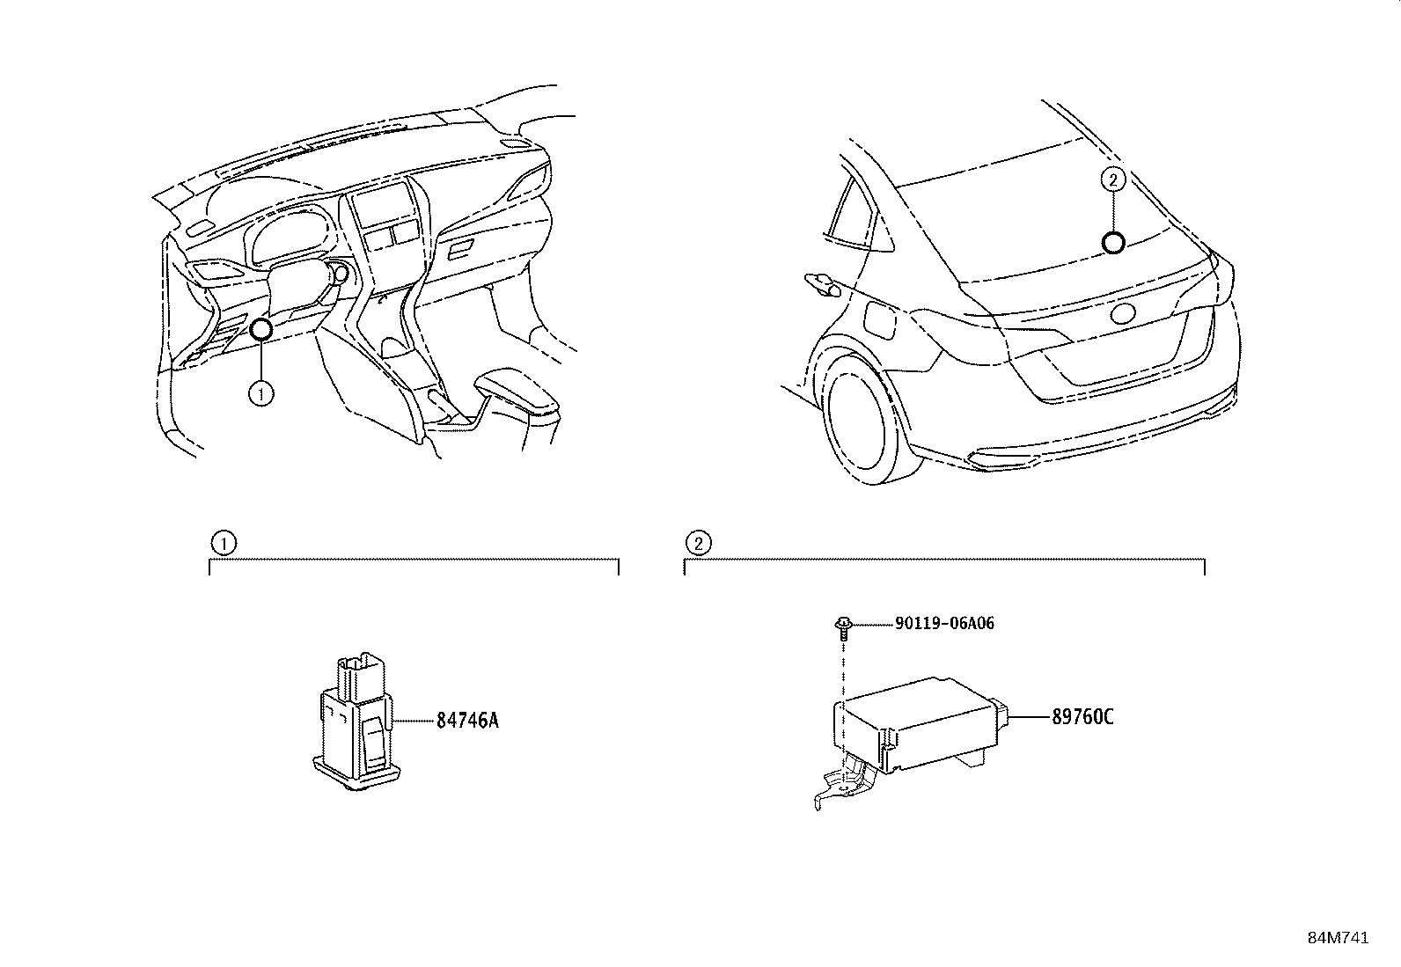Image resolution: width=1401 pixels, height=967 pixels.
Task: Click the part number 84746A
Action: coord(467,721)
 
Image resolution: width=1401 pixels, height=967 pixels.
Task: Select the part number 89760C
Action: coord(1082,717)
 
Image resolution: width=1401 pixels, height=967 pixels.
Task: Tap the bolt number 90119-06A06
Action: coord(944,623)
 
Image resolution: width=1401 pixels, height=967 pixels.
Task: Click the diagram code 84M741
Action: coord(1338,938)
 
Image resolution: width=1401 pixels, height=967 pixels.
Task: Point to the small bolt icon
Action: coord(843,626)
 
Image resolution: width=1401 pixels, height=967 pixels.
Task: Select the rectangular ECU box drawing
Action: coord(915,722)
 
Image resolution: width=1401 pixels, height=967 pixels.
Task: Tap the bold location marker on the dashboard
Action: coord(261,330)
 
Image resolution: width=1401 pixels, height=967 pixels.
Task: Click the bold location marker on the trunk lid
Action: coord(1113,243)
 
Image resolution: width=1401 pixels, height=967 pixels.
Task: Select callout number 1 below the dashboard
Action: coord(261,393)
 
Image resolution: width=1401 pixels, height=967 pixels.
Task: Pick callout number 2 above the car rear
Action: coord(1113,180)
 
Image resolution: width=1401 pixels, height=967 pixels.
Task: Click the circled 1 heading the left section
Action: coord(224,543)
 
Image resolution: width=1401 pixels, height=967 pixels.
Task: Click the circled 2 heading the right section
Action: coord(698,543)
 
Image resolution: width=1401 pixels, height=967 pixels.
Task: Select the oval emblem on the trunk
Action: coord(1126,314)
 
